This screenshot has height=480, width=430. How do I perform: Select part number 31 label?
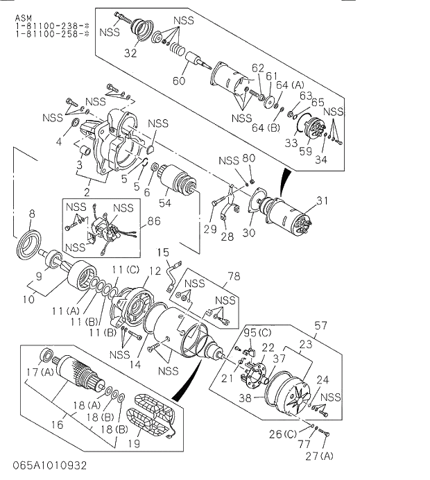321,201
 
